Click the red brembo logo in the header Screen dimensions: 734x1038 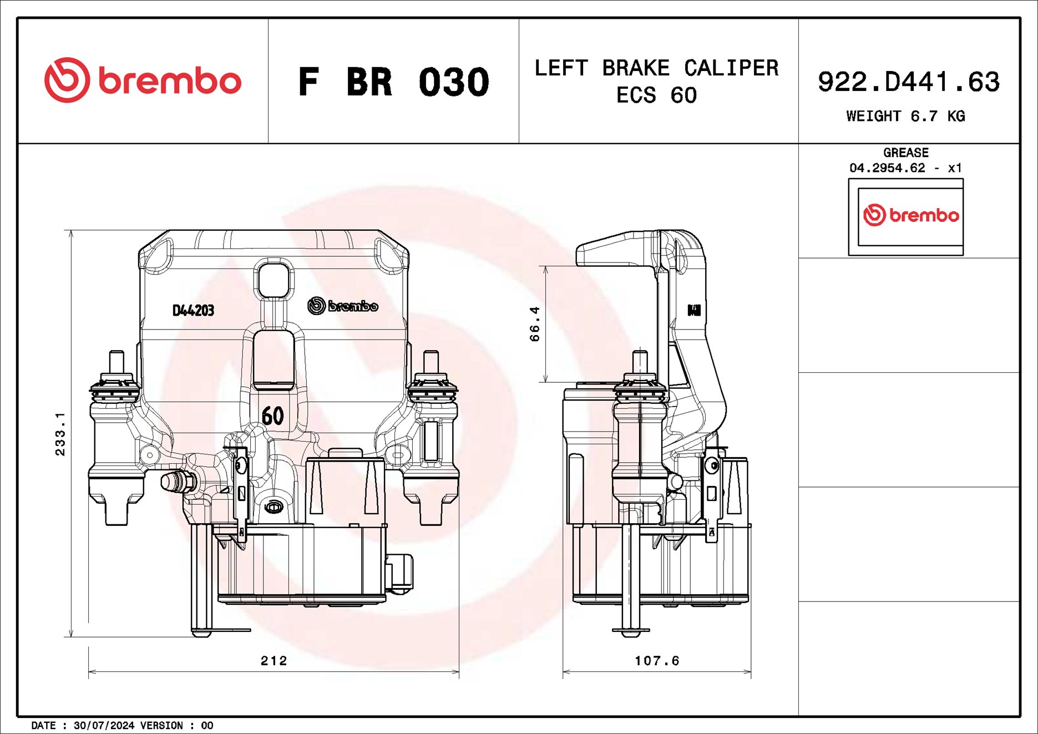143,80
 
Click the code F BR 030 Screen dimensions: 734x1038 393,82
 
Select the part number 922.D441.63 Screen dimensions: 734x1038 908,82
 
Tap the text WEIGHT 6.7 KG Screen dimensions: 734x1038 905,117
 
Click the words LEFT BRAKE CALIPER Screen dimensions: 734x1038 656,68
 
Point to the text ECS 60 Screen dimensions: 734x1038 656,95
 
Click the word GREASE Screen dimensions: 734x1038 905,153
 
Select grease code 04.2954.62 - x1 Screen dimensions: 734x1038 905,168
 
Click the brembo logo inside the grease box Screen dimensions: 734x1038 910,215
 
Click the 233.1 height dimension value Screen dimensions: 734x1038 60,434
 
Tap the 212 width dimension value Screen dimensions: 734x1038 274,660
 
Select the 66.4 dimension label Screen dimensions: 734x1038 534,324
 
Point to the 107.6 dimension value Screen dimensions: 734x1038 657,660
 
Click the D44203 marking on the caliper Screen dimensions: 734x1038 193,311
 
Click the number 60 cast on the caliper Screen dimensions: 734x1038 272,416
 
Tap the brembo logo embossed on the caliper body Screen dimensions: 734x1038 343,306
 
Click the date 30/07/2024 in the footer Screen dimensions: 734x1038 104,726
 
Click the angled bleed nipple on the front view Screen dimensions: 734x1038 177,482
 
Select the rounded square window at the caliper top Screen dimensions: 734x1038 273,280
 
